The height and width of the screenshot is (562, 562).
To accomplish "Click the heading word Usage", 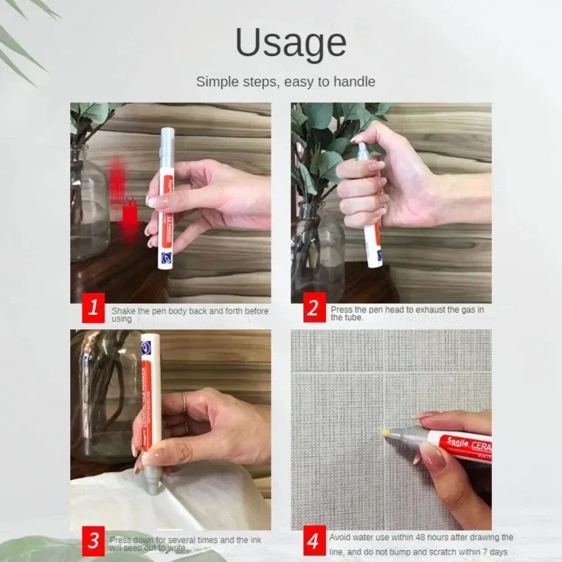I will [291, 44].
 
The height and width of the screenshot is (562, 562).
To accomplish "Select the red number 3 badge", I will [93, 541].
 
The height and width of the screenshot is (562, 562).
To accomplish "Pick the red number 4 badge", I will [314, 541].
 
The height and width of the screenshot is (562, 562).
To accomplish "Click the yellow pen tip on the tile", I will [387, 433].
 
